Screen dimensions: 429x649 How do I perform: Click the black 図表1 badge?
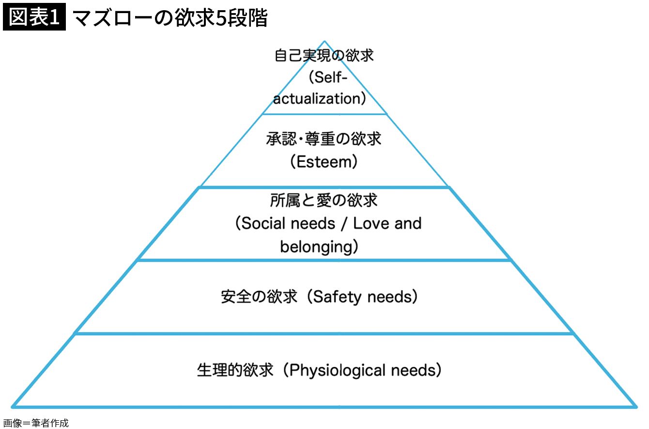34,17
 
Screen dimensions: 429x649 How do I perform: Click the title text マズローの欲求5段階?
170,18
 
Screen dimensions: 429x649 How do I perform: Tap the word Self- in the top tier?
328,78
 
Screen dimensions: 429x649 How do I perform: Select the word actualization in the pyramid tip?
316,99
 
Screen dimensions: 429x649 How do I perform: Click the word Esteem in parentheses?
324,162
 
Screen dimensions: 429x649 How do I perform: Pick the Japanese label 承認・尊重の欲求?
324,139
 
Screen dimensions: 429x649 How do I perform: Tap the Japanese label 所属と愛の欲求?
324,200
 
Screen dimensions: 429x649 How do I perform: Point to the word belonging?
316,247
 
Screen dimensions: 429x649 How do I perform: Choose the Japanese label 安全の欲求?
259,297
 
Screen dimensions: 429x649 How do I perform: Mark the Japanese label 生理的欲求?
235,371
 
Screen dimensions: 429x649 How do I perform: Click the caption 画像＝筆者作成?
35,423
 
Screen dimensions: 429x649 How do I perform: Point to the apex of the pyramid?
324,42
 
